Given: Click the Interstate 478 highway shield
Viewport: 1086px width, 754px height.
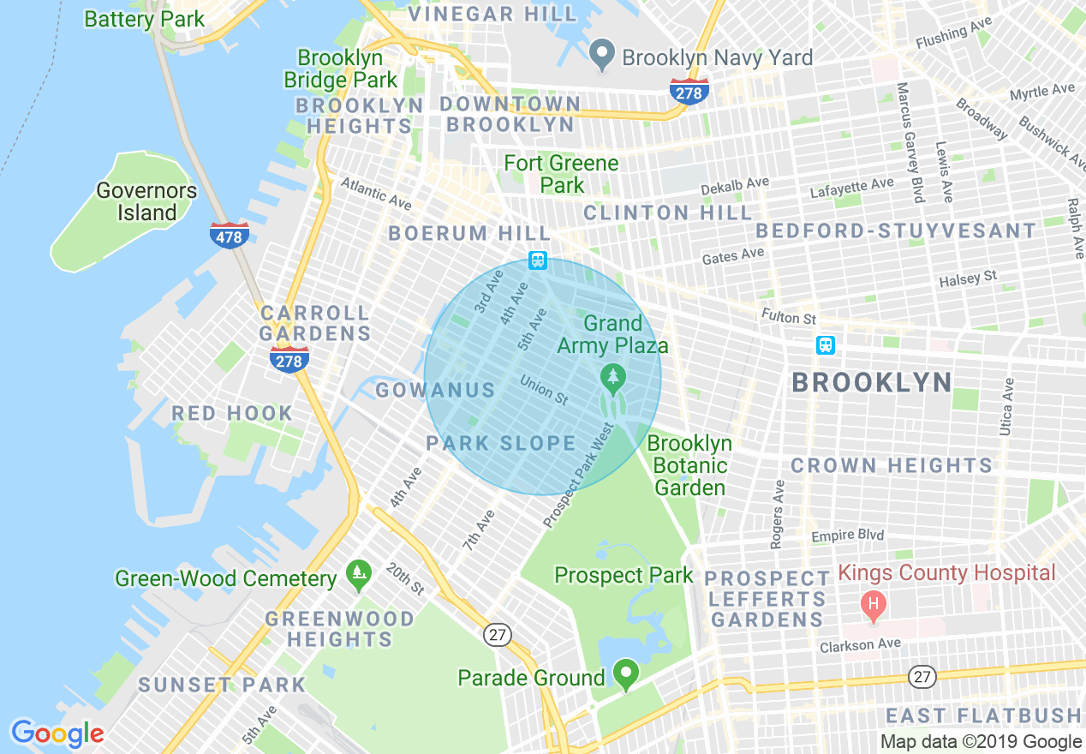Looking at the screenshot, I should (x=230, y=235).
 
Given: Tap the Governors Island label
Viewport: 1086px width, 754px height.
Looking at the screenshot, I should (x=146, y=201).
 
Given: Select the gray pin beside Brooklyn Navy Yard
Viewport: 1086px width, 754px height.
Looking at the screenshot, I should (x=603, y=56).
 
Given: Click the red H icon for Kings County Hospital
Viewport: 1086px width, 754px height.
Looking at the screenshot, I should (x=874, y=607).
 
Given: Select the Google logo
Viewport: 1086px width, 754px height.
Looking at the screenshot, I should (x=57, y=733).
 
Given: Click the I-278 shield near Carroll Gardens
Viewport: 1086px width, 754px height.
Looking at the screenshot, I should (x=289, y=360).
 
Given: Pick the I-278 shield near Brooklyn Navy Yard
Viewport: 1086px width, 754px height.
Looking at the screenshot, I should (x=689, y=92).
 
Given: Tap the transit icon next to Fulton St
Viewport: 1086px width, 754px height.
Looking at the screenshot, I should (x=826, y=344).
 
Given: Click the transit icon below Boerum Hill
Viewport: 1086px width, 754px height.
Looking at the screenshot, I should (x=538, y=260).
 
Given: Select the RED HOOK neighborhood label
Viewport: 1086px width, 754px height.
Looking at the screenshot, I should (x=232, y=414).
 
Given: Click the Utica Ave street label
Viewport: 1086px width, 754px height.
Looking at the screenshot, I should (x=1007, y=406).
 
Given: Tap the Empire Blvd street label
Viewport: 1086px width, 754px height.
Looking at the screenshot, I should (x=847, y=536).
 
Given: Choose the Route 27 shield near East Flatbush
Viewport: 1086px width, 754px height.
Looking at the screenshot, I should (x=921, y=677).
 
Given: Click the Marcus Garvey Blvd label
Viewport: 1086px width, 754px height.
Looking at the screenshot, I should (x=910, y=141).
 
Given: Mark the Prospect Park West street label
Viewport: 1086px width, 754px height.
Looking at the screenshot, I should (x=579, y=475).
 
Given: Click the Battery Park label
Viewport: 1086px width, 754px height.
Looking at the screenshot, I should (x=145, y=19).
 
